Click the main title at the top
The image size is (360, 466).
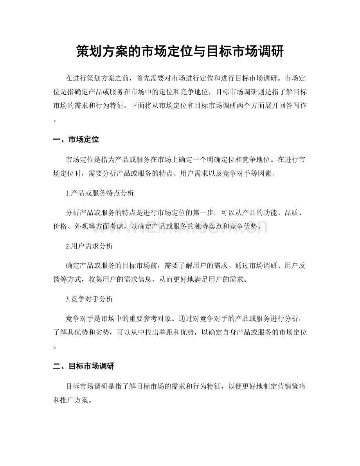(180, 51)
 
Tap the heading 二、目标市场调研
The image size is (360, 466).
(83, 366)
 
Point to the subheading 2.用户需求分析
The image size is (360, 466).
(89, 246)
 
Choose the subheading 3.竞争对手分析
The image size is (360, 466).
(89, 299)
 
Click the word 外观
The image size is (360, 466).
(84, 226)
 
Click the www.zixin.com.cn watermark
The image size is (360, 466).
(180, 226)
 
